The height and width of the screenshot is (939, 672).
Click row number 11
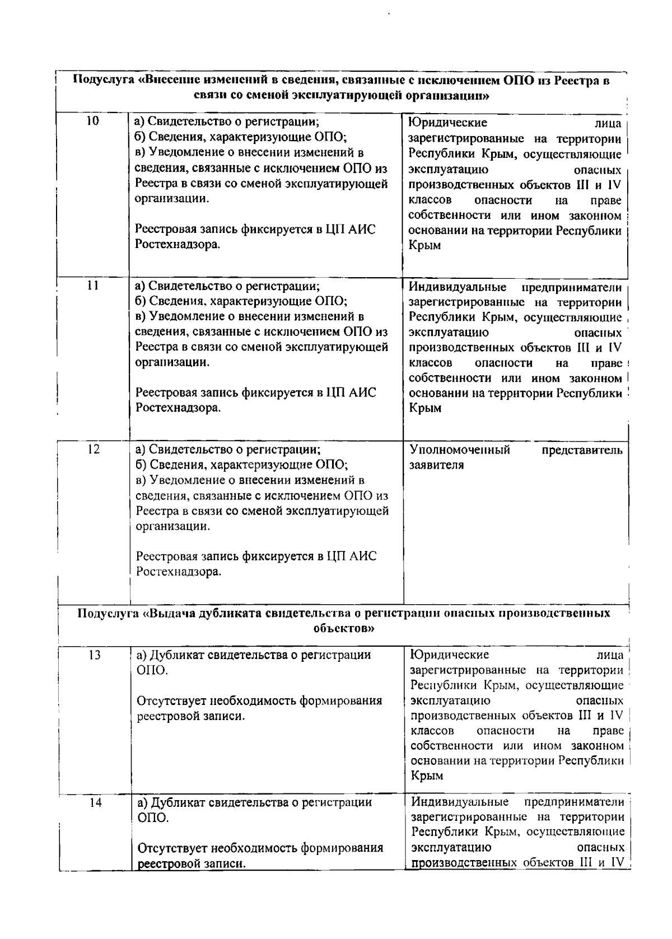pyautogui.click(x=93, y=285)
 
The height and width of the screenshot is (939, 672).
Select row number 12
pyautogui.click(x=94, y=449)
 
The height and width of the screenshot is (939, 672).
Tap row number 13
pyautogui.click(x=94, y=655)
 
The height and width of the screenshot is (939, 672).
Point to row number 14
pyautogui.click(x=95, y=802)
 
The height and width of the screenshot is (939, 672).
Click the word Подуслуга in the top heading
pyautogui.click(x=104, y=80)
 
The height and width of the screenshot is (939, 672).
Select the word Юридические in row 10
pyautogui.click(x=447, y=123)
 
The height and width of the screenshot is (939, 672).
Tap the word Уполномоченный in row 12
pyautogui.click(x=460, y=450)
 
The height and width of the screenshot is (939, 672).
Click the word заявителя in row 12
pyautogui.click(x=436, y=465)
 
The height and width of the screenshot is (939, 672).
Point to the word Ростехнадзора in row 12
pyautogui.click(x=179, y=572)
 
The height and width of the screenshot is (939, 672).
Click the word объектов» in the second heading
pyautogui.click(x=343, y=628)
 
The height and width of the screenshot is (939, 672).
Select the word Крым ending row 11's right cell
pyautogui.click(x=425, y=408)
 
